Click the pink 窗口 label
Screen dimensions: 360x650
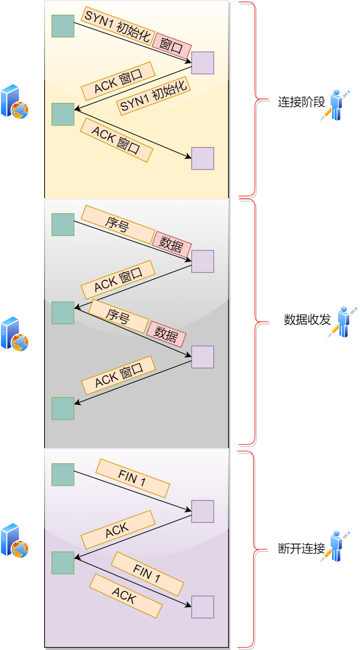coord(172,46)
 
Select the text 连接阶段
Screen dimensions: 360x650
coord(301,102)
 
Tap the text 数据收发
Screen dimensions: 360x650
coord(307,320)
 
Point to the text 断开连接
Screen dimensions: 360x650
coord(301,549)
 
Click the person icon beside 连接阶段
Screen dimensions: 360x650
coord(335,105)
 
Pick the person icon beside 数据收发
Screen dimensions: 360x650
coord(342,322)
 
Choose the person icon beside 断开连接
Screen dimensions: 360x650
coord(335,546)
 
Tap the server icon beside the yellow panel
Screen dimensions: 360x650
coord(15,101)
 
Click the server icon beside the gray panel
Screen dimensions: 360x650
coord(15,334)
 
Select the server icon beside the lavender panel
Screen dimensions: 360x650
coord(15,540)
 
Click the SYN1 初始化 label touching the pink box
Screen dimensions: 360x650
coord(118,26)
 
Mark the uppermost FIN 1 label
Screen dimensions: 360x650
coord(133,478)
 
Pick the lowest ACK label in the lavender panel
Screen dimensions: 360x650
coord(126,596)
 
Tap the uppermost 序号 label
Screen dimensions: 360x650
coord(118,225)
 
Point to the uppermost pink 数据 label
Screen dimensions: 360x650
coord(172,244)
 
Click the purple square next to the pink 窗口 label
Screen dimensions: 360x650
coord(203,63)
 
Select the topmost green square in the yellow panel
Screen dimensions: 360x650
coord(63,26)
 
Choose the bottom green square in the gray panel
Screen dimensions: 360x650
coord(63,408)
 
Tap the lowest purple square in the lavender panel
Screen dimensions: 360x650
coord(203,607)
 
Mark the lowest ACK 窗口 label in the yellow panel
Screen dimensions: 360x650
coord(116,140)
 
